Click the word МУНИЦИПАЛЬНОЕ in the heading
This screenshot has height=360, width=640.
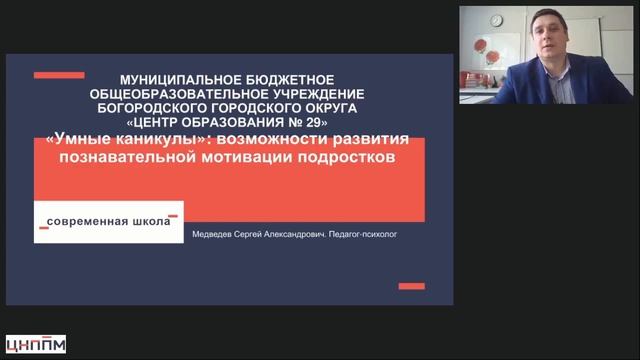coord(171,78)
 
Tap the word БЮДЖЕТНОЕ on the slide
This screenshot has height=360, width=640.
coord(287,78)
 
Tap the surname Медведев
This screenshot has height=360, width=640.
coord(217,228)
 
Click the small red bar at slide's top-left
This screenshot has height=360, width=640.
coord(58,75)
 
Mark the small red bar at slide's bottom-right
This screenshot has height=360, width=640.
coord(412,286)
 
